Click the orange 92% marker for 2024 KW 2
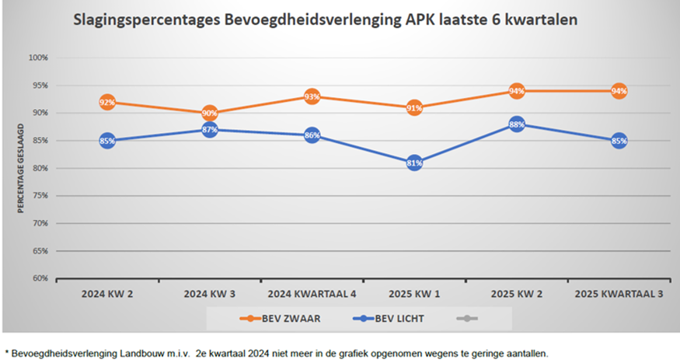107,102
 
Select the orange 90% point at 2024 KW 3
210,114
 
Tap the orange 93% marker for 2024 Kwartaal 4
312,96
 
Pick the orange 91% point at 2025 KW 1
414,108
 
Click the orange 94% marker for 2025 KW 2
517,91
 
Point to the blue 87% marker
210,130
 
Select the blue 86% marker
312,135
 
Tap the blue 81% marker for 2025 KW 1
414,163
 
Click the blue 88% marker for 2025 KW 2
517,124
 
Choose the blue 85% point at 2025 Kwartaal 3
619,141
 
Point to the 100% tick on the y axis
38,58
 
